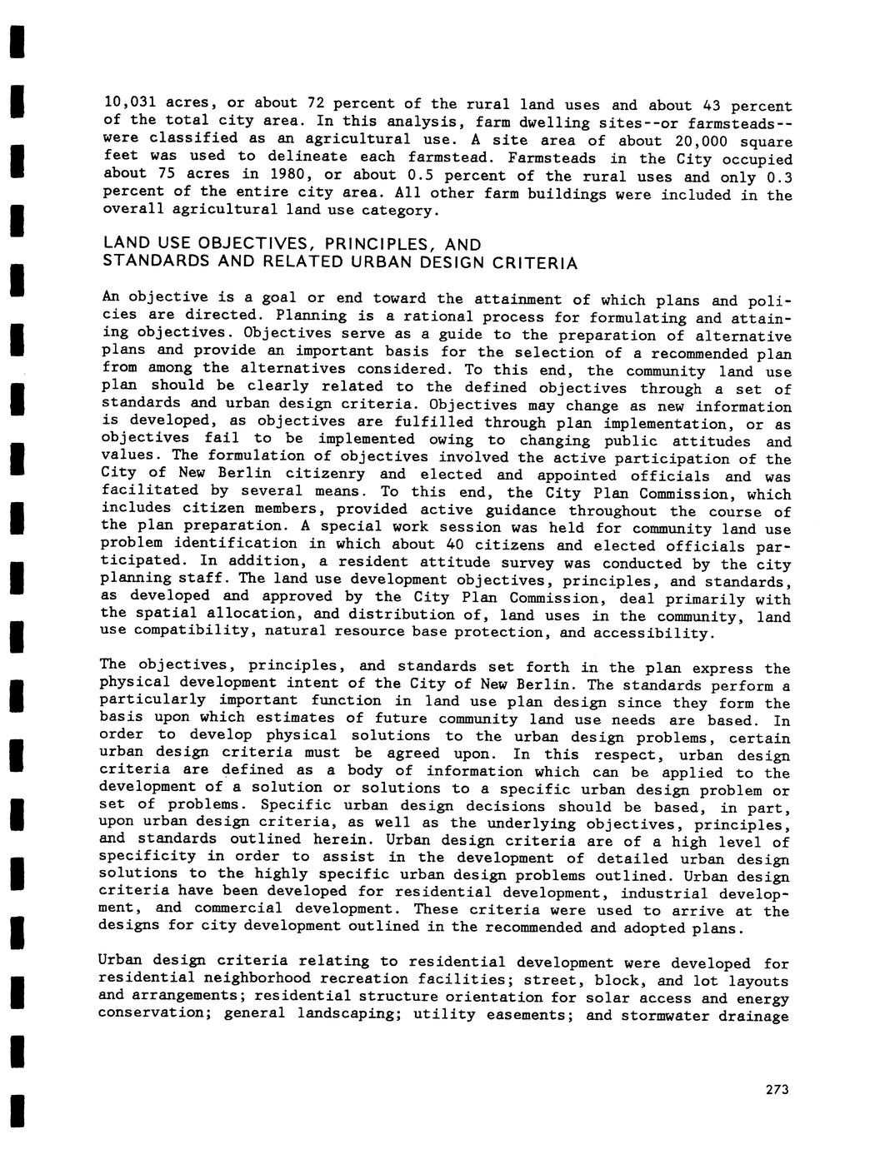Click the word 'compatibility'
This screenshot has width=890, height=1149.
[187, 630]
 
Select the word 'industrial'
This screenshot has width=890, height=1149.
[662, 893]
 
